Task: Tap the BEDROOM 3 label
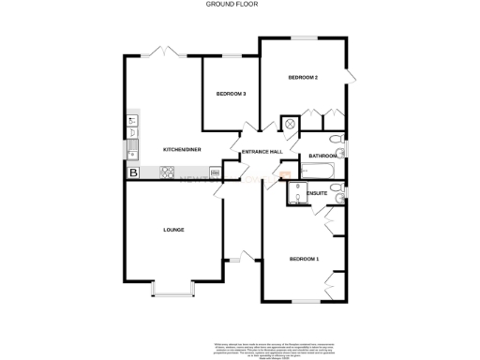click(x=231, y=94)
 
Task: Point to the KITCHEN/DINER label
click(x=182, y=150)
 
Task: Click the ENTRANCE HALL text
click(x=262, y=152)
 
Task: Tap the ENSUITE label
click(x=318, y=193)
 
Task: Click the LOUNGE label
click(x=173, y=230)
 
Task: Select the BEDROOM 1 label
click(x=304, y=259)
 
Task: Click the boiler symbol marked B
click(x=133, y=172)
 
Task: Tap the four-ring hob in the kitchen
click(x=169, y=172)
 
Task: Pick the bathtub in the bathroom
click(x=319, y=171)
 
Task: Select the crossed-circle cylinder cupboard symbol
click(x=291, y=123)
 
